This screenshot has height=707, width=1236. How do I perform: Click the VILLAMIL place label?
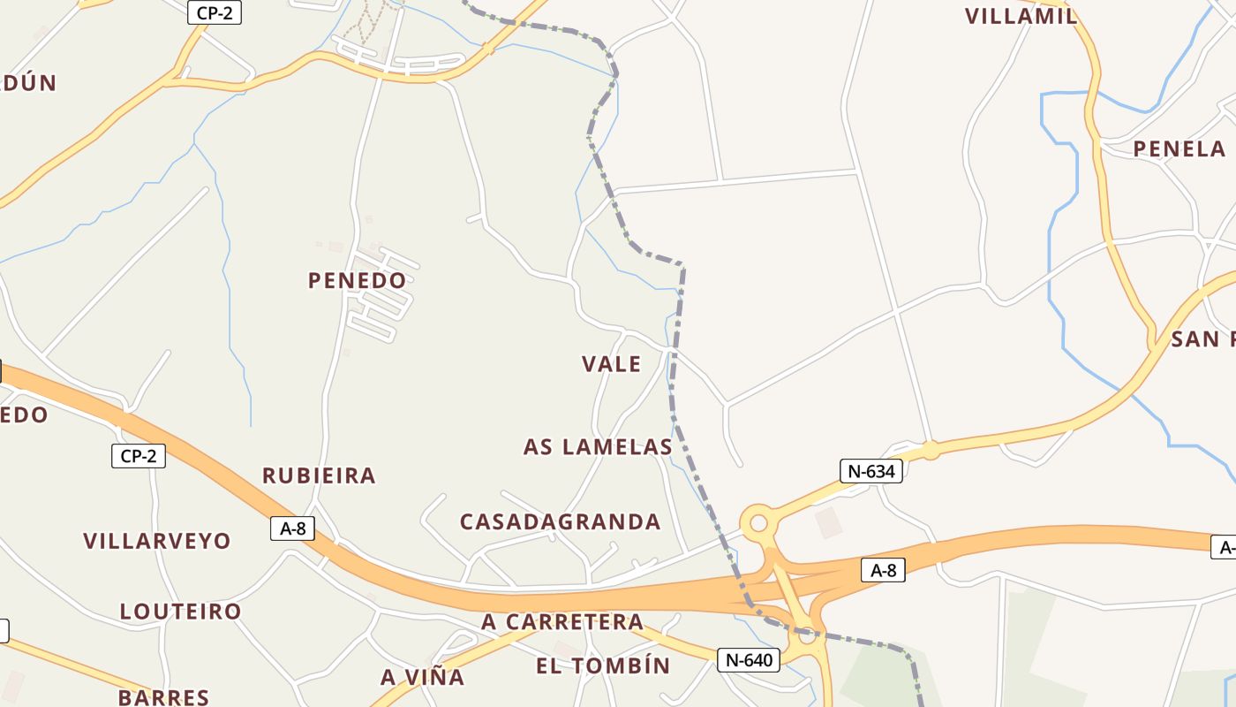(x=1021, y=16)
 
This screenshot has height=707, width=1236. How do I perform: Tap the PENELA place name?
(x=1179, y=148)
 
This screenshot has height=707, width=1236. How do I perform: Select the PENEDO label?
(x=357, y=280)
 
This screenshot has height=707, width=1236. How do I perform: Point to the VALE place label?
(x=611, y=363)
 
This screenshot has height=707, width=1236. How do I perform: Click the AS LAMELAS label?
(x=598, y=446)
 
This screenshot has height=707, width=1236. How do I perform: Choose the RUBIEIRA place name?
(x=319, y=475)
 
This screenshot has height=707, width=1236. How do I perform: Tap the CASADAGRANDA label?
(x=560, y=521)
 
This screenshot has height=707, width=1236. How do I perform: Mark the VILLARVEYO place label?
(x=157, y=541)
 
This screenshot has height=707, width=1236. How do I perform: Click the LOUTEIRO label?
(x=180, y=612)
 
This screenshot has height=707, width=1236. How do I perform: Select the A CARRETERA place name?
(x=562, y=622)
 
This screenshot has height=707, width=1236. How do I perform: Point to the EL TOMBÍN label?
(x=603, y=665)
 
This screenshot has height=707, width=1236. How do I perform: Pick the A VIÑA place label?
(x=422, y=677)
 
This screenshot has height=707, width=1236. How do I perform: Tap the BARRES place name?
(x=163, y=697)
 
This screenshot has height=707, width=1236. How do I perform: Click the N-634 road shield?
(x=871, y=471)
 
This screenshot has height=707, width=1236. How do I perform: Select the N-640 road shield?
(x=748, y=659)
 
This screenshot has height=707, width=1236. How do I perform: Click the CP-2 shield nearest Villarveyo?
(x=139, y=456)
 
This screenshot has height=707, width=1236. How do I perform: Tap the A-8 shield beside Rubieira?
(x=292, y=528)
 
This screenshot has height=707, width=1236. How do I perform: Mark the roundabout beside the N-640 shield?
(x=806, y=635)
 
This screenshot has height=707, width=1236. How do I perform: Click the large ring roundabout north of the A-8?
(x=757, y=523)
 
